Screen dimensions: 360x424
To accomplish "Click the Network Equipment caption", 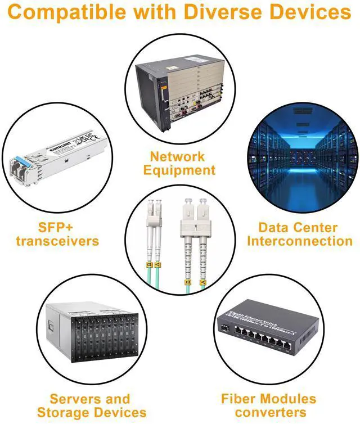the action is click(x=179, y=163).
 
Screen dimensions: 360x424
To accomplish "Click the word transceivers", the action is click(x=57, y=241).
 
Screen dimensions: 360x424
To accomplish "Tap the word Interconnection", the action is click(x=300, y=241).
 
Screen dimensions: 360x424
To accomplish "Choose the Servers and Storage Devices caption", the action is click(x=91, y=405).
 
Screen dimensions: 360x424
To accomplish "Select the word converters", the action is click(x=268, y=412).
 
